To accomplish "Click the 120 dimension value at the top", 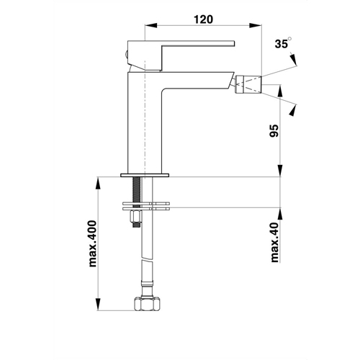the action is pos(203,19).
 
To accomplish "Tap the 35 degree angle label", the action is pos(283,43).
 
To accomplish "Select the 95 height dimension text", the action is pos(274,130).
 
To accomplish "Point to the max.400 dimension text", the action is pos(92,243).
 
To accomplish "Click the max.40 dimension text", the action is pos(274,242).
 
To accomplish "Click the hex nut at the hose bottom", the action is pos(147,304).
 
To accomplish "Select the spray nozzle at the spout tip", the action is pos(248,84).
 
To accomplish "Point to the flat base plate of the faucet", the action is pos(145,175).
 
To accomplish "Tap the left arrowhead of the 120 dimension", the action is pos(151,25).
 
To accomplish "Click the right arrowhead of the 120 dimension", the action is pos(256,25).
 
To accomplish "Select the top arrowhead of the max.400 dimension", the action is pos(99,183).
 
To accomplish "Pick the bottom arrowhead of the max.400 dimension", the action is pos(99,304).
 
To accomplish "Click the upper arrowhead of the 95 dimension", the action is pos(280,91).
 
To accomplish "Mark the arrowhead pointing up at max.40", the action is pos(280,214).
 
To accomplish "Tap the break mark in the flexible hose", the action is pos(147,261).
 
